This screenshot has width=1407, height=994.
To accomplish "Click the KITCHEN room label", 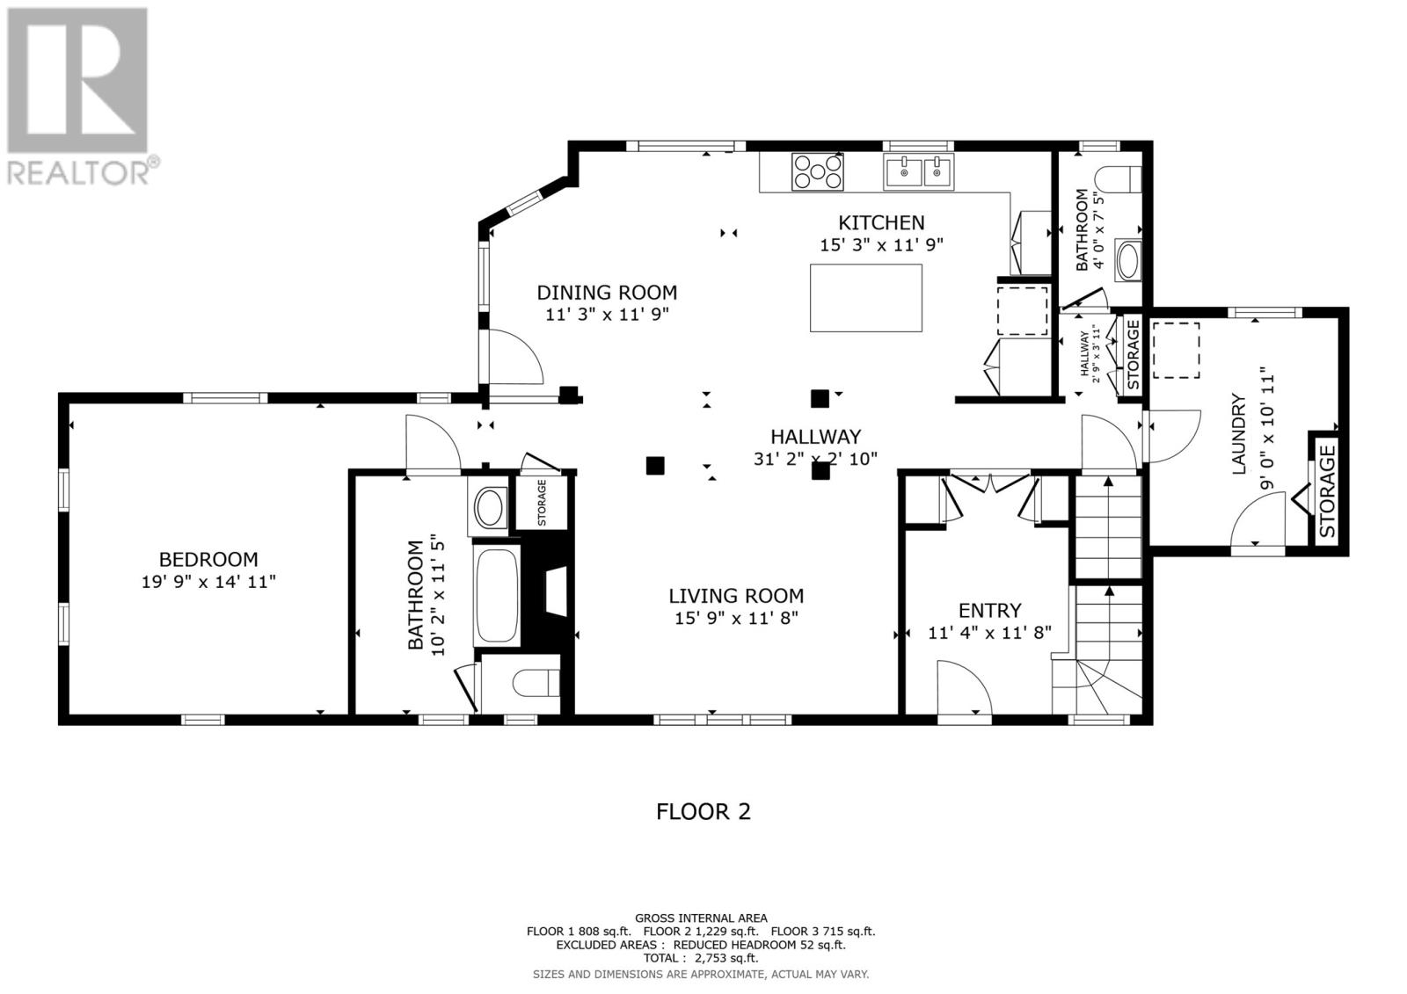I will click(x=880, y=223).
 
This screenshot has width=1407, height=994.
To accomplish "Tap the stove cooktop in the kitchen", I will click(x=818, y=171).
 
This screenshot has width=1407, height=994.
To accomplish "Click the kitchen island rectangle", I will click(x=865, y=298).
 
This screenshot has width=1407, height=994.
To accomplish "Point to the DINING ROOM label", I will click(x=607, y=293).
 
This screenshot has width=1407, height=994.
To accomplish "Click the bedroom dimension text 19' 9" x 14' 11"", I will click(x=208, y=581).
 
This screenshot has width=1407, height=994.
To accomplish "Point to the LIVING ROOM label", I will click(x=736, y=596).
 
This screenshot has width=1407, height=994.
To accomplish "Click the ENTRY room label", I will click(x=989, y=610).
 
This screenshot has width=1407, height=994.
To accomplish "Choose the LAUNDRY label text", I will click(x=1240, y=435).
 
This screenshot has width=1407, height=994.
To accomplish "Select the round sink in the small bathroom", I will click(x=1126, y=261).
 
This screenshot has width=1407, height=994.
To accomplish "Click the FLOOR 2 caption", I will click(x=703, y=811).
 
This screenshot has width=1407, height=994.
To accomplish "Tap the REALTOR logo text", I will click(x=79, y=171).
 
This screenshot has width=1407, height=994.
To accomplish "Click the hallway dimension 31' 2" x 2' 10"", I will click(x=815, y=458).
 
